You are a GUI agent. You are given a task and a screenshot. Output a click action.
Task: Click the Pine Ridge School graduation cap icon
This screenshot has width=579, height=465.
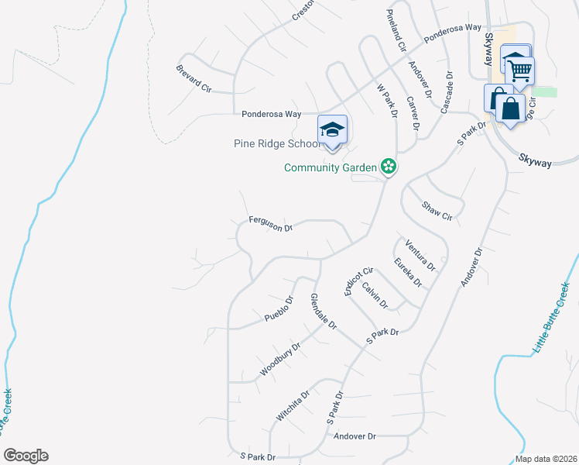point(332,130)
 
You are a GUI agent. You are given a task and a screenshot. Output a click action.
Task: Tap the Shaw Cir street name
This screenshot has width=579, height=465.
point(436,210)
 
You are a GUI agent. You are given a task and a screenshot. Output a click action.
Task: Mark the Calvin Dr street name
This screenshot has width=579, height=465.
point(375,294)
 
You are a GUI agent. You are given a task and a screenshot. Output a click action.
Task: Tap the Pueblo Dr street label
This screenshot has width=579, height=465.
point(279,308)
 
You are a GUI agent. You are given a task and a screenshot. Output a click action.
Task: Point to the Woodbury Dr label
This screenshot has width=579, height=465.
point(279,360)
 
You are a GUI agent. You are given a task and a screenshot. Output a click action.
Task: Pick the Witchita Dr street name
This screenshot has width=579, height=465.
point(294,405)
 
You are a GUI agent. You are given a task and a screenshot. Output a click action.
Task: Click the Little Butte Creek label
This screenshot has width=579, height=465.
point(551,319)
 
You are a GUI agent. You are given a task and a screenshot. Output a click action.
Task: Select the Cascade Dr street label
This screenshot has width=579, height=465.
point(447,93)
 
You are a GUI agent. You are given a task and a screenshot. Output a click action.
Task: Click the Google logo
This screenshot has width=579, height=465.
point(26,456)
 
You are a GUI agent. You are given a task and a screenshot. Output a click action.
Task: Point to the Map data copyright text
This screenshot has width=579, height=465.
point(545,459)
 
